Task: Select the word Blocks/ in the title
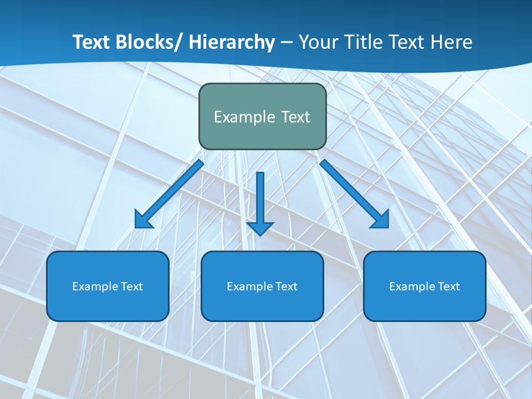coord(144,42)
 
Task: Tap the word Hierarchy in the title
coord(232,42)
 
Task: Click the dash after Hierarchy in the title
coord(287,43)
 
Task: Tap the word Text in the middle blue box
coord(285,287)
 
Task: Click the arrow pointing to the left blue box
coord(169,194)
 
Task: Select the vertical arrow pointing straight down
coord(260,199)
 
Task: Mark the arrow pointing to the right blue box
coord(355,194)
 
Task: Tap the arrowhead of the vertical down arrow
coord(260,228)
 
